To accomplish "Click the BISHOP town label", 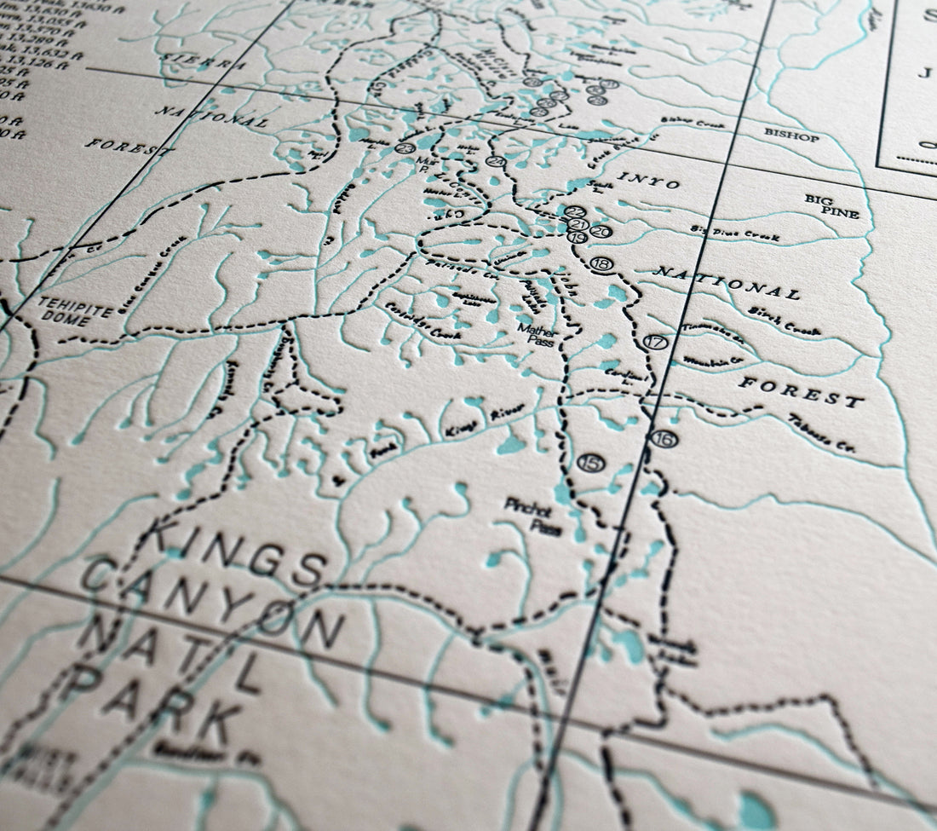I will tap(791, 136).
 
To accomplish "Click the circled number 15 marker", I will tap(589, 462).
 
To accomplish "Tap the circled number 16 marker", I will tap(664, 439).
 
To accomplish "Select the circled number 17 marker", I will tap(654, 343).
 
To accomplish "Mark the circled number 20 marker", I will tap(601, 231).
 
